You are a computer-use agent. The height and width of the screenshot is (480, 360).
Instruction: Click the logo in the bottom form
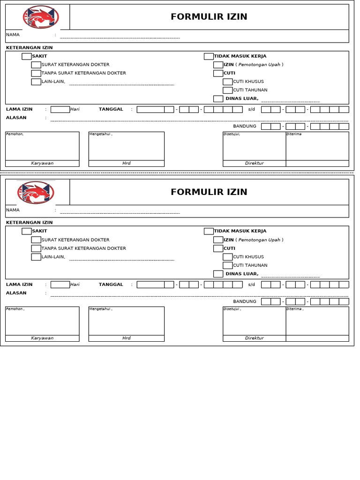coord(36,192)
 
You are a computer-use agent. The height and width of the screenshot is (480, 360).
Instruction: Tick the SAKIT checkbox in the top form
coord(27,56)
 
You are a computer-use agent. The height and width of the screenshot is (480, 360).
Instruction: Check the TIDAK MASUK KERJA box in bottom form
coord(209,231)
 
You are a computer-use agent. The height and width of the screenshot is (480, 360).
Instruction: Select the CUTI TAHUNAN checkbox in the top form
coord(227,90)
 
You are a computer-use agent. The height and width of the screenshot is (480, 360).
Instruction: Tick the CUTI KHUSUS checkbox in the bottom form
coord(227,257)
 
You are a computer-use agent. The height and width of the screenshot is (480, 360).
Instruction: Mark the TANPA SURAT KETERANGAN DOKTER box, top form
coord(36,73)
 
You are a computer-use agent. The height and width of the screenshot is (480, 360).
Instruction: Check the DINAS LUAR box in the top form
coord(218,98)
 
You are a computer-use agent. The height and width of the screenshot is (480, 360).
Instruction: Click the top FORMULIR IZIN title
coord(209,17)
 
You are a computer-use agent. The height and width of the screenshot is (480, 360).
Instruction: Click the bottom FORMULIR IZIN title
coord(209,192)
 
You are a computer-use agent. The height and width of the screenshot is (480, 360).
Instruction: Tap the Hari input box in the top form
coord(60,109)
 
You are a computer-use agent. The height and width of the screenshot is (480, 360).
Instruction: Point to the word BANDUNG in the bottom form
coord(245,301)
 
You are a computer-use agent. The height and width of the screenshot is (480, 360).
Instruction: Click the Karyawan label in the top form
coord(42,163)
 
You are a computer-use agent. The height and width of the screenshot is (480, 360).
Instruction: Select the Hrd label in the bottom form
coord(126,338)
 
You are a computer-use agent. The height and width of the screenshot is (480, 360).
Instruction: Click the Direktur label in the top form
coord(254,163)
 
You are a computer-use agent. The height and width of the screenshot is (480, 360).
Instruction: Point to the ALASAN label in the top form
coord(16,118)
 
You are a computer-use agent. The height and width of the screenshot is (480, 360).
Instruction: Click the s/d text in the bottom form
coord(252,285)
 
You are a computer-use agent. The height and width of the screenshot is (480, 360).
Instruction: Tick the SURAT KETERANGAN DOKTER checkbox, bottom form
coord(36,240)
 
